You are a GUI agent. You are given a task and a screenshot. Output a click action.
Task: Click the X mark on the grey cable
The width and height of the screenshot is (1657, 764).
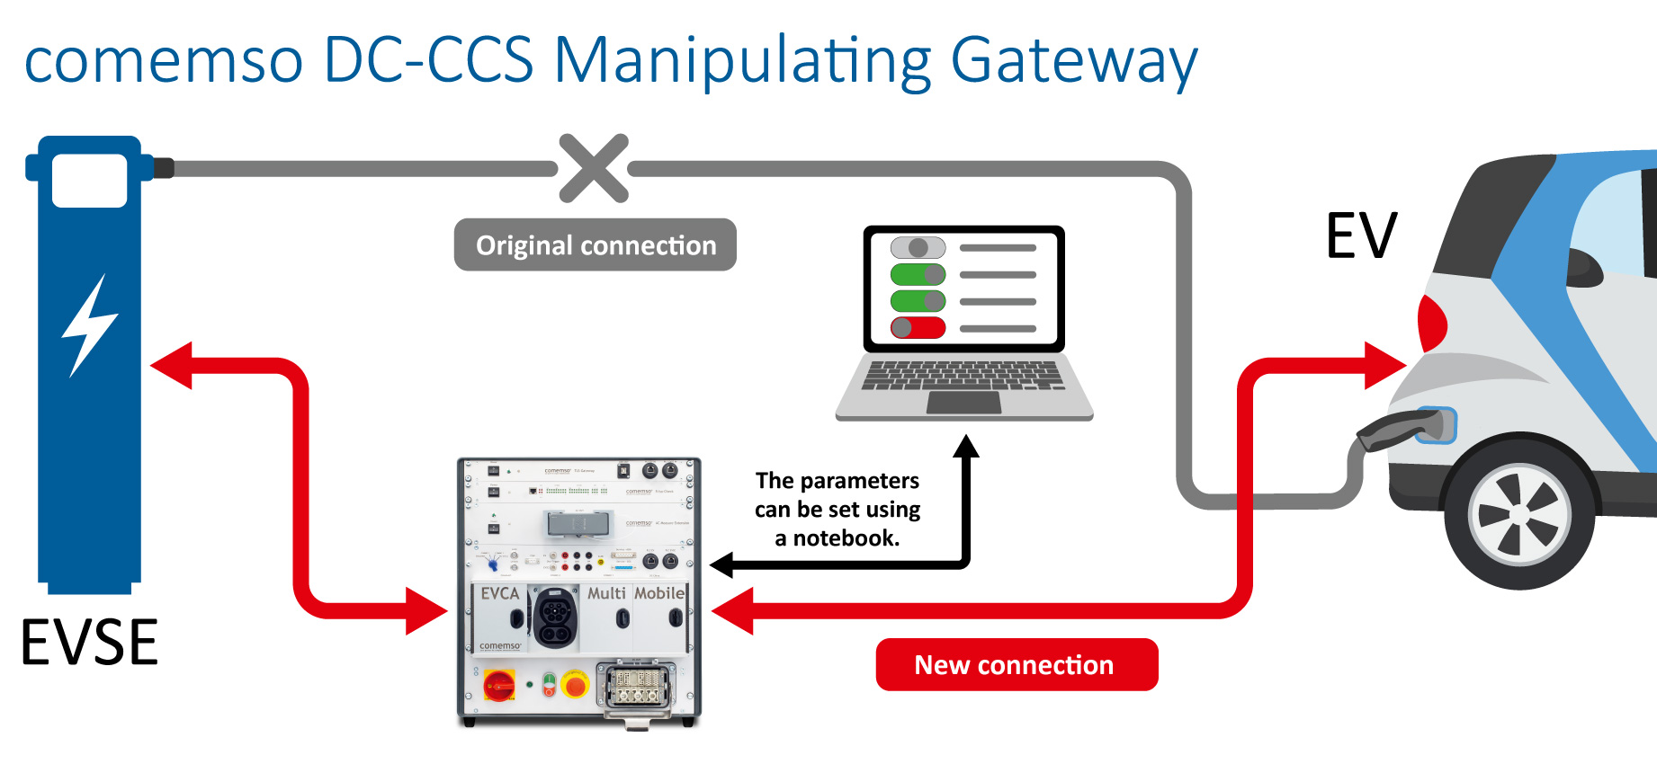[593, 168]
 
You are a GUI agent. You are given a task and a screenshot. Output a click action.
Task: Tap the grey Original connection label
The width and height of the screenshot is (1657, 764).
[595, 244]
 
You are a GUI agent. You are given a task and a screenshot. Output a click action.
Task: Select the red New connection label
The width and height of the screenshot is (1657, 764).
[1017, 664]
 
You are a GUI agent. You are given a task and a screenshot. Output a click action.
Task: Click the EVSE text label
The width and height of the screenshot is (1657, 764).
[89, 643]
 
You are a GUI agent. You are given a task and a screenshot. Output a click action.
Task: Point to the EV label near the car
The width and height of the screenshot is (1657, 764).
[1361, 235]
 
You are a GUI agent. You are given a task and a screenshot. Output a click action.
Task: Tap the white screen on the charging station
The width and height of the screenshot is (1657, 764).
[89, 180]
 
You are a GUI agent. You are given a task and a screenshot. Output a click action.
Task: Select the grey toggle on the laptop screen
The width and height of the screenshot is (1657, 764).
[918, 247]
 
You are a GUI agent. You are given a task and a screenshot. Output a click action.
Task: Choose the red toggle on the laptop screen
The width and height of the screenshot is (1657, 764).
[918, 328]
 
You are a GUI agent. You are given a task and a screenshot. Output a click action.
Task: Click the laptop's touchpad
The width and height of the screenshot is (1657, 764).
[963, 403]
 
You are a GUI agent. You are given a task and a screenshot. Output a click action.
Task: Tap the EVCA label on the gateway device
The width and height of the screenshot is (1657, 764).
[500, 594]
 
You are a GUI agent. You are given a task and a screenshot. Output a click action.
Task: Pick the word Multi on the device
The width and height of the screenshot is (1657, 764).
[606, 593]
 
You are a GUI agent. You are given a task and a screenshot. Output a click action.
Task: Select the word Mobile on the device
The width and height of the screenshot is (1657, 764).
[659, 593]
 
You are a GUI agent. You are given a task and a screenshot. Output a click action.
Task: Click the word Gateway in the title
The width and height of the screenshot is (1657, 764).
[1074, 61]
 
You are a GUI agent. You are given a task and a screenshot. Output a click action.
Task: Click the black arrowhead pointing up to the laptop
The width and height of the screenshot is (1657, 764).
[965, 446]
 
